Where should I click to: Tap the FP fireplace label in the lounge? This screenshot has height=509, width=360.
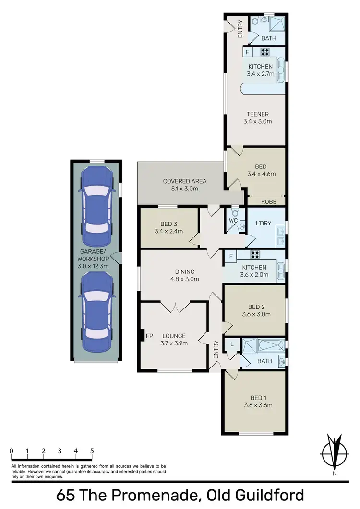pos(149,336)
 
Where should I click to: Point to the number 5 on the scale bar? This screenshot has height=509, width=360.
pos(91,451)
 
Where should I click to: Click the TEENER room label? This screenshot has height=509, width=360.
pos(257,114)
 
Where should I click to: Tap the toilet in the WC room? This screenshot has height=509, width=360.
pos(235,212)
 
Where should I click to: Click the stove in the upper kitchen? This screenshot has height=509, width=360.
pos(265,52)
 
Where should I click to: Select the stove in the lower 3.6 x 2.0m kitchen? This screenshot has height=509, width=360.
pos(255,255)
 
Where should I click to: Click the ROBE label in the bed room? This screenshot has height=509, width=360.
pos(269,202)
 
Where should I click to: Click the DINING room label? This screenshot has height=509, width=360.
pos(181,271)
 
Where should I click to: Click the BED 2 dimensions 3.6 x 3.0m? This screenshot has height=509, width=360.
pos(257,315)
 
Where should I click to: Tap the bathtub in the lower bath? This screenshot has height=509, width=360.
pos(262,346)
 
